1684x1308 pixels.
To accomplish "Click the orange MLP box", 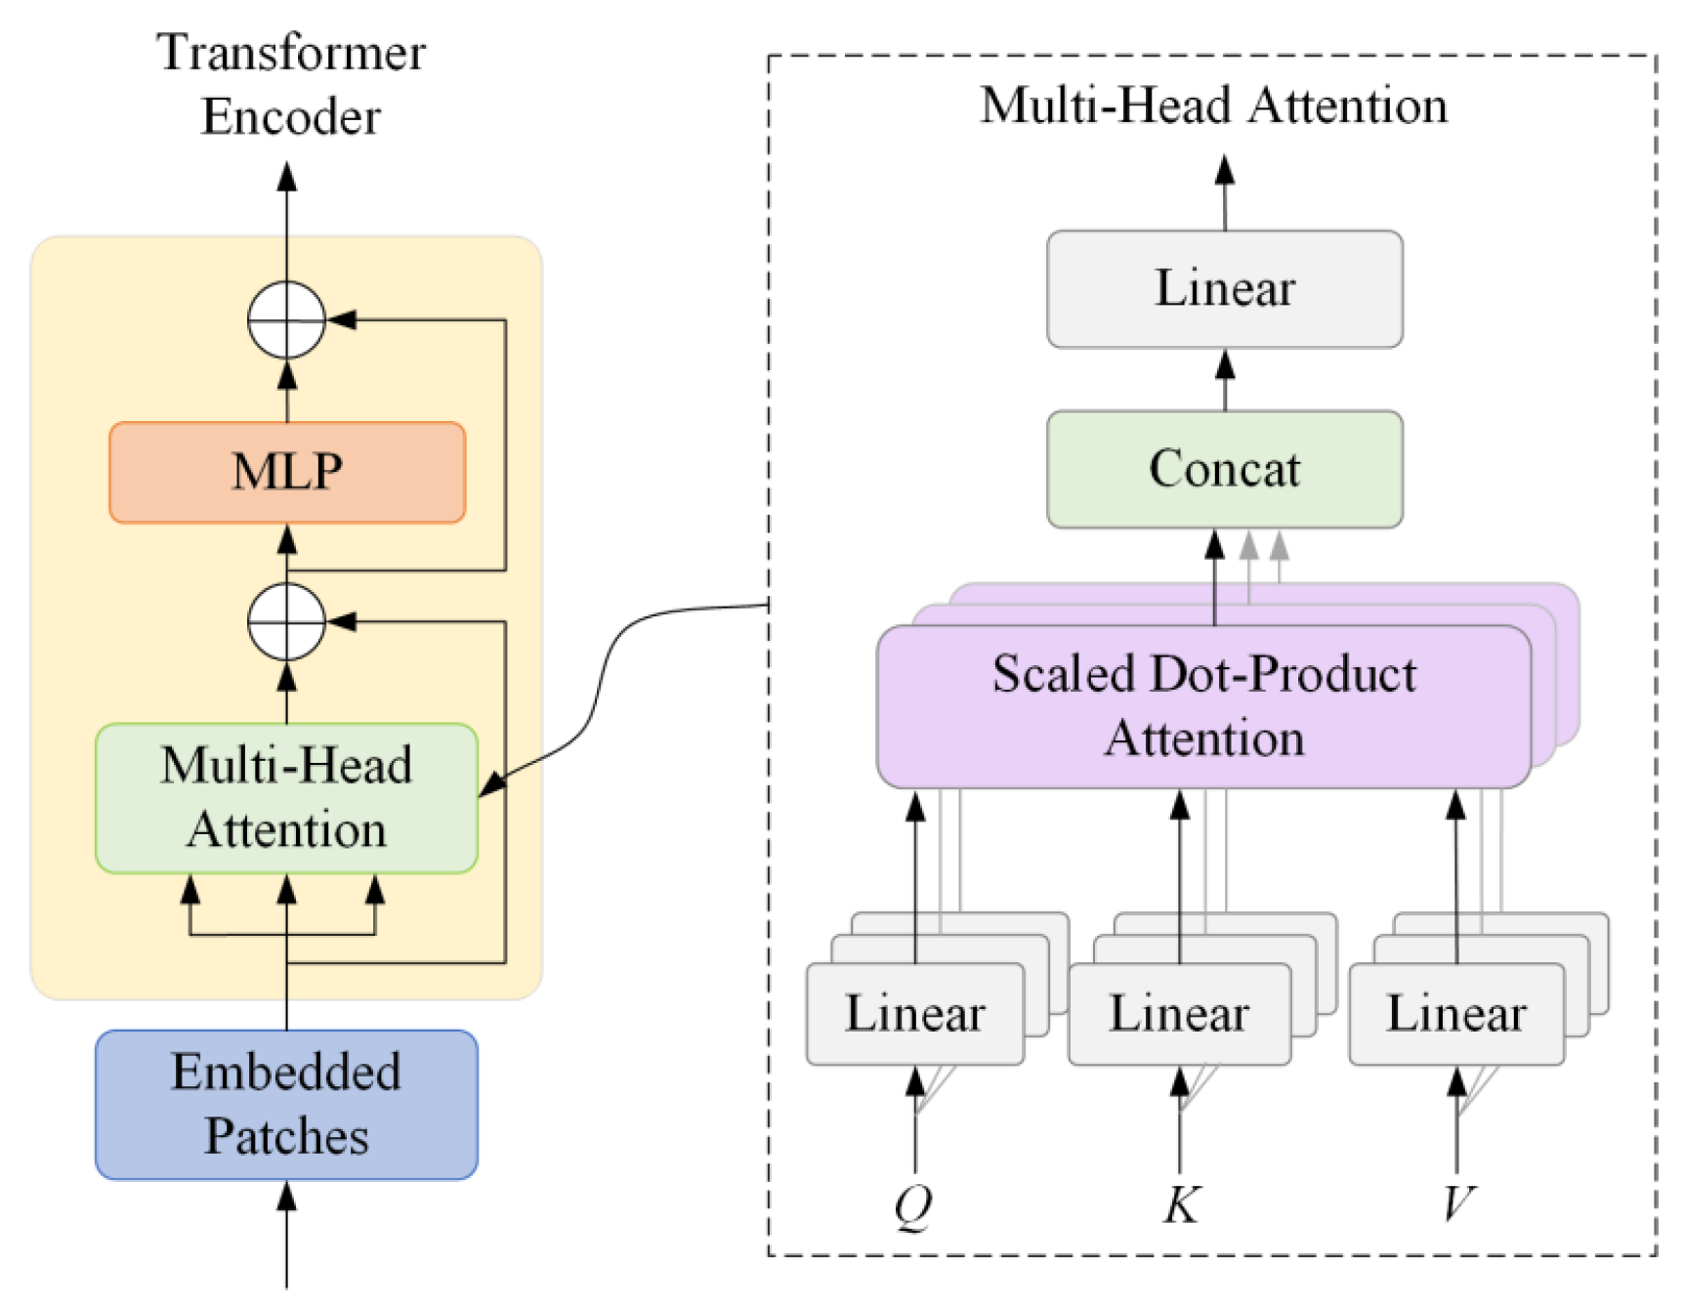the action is (x=287, y=472).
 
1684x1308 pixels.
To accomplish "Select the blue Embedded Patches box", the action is (x=286, y=1104).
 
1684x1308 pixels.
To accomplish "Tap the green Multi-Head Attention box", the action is (x=286, y=797).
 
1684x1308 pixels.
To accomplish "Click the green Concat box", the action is (x=1225, y=469).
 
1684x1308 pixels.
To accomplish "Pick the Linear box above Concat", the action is (x=1225, y=288).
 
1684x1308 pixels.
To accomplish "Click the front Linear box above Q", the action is (x=915, y=1013).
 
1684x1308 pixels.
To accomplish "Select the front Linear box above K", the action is (x=1180, y=1013).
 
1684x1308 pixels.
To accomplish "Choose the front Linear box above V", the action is (x=1456, y=1013).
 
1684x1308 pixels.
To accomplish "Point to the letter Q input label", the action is (x=914, y=1206).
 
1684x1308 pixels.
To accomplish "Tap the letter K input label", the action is (x=1182, y=1204).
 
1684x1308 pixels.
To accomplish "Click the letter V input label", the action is (x=1458, y=1204).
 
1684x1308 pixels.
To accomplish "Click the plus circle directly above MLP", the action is (x=286, y=319).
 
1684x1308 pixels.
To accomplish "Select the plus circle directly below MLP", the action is (x=286, y=621).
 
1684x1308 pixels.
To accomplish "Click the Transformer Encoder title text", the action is (x=291, y=84).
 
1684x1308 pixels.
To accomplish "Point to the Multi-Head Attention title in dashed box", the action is (x=1214, y=105).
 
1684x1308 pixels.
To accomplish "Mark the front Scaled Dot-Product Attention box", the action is (x=1203, y=706).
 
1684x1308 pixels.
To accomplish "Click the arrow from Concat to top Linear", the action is (x=1225, y=380).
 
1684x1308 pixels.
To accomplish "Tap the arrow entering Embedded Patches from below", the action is (x=286, y=1235).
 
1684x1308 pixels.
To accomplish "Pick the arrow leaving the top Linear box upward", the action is (x=1225, y=192).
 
